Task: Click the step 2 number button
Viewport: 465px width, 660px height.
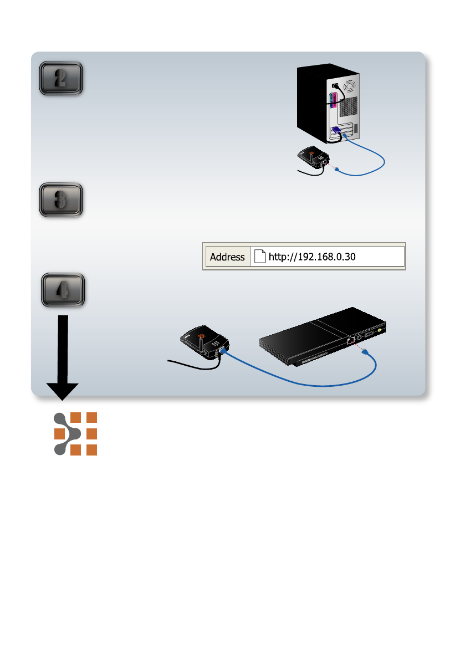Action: coord(61,78)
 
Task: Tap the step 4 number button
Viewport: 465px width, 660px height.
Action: coord(63,289)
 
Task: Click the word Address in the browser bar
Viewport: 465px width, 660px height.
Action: coord(227,257)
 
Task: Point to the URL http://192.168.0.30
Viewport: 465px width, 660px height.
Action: coord(311,257)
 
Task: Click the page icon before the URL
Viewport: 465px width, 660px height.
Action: coord(260,257)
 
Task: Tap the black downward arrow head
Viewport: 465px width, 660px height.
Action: coord(62,390)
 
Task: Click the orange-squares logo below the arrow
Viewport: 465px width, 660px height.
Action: coord(75,434)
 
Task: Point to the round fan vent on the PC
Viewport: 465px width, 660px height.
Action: coord(349,88)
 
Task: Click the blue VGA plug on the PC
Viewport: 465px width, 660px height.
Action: coord(335,132)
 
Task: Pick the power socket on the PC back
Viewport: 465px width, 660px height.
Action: coord(334,86)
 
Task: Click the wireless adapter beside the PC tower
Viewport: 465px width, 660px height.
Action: coord(313,158)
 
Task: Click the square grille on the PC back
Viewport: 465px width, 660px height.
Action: coord(355,128)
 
